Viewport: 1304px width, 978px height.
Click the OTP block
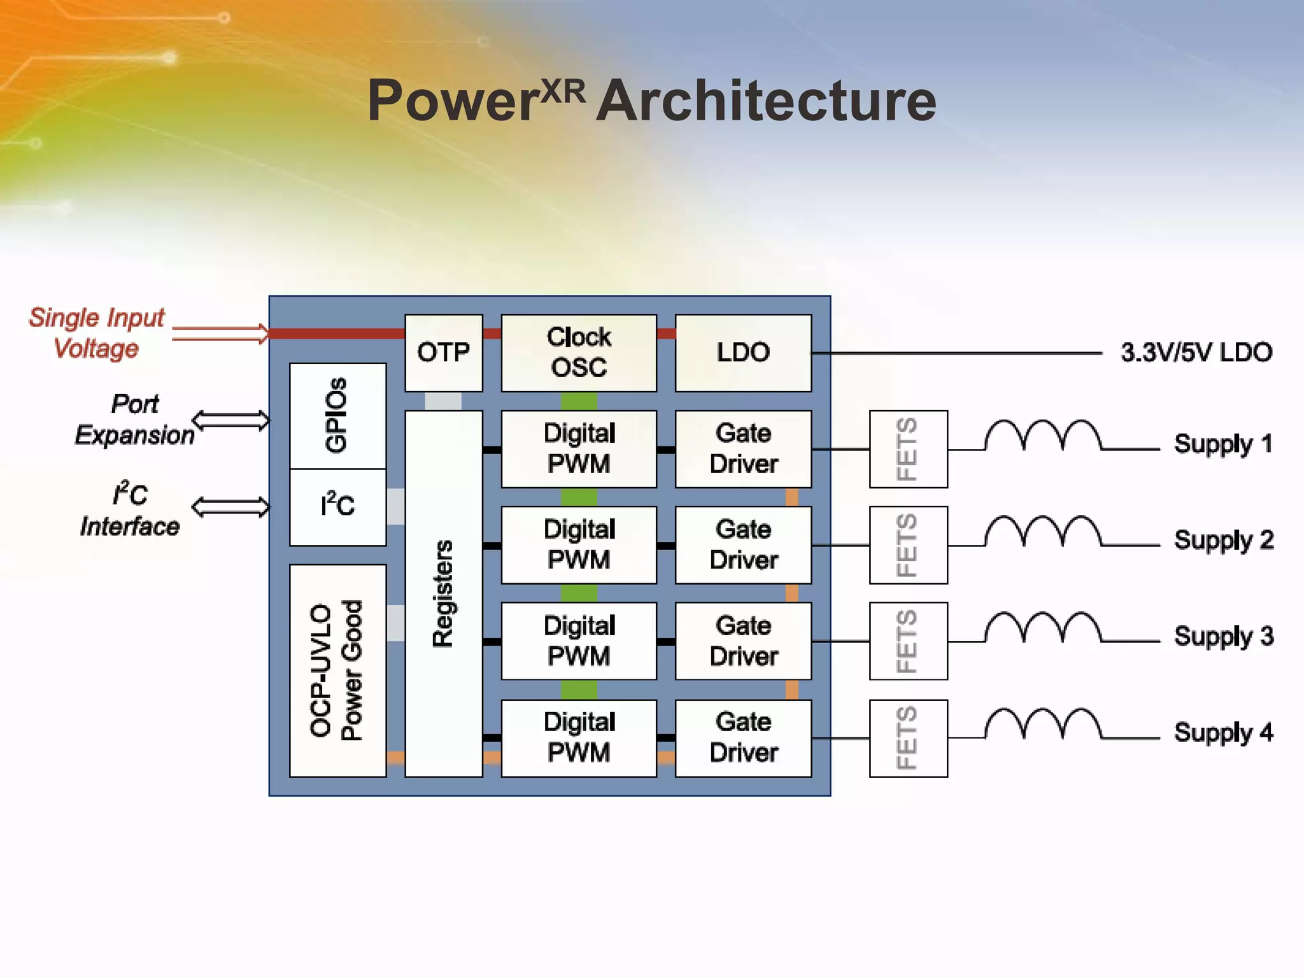click(443, 353)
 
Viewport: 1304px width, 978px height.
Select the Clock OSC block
click(578, 353)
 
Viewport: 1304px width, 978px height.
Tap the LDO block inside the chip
click(743, 353)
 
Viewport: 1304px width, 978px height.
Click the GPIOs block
click(337, 416)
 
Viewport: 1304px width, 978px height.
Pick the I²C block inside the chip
click(337, 506)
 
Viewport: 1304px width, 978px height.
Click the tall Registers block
click(443, 593)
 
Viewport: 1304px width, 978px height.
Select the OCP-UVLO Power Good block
click(337, 670)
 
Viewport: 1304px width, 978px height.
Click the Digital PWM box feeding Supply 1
click(578, 449)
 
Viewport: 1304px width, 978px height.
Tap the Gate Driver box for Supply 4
click(743, 738)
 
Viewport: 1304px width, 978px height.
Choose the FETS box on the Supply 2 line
click(908, 545)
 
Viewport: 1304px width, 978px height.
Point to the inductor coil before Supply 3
click(1043, 628)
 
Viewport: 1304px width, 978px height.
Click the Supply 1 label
click(1222, 444)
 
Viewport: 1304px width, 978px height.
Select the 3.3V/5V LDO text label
click(1196, 352)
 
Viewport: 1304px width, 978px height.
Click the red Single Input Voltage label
click(97, 333)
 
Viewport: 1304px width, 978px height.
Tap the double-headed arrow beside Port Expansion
click(230, 420)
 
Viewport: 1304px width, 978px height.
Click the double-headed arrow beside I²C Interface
click(230, 507)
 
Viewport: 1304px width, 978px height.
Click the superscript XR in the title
click(563, 93)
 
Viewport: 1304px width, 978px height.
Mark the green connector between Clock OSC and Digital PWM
click(578, 401)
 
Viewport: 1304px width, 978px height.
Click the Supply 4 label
click(1222, 732)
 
